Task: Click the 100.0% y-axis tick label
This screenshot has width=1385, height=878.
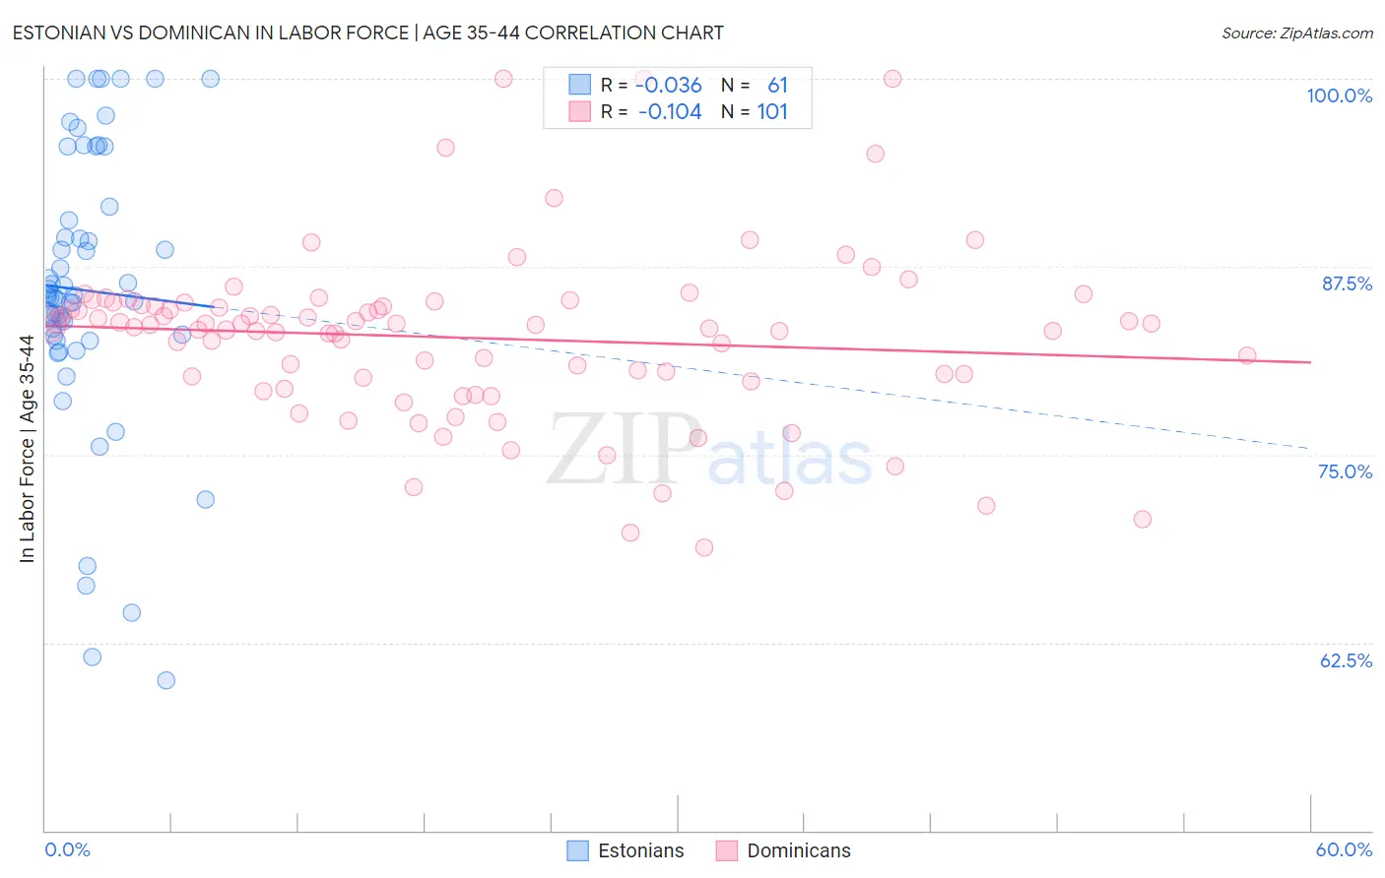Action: click(1339, 95)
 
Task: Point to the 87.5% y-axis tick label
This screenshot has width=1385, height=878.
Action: click(1347, 283)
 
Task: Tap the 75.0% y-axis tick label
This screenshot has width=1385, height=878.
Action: click(1345, 471)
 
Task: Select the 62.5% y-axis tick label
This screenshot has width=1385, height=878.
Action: click(1346, 660)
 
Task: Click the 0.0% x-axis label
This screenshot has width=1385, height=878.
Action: click(67, 849)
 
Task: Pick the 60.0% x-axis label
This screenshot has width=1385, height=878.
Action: click(1344, 849)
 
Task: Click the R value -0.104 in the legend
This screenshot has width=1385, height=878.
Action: click(670, 112)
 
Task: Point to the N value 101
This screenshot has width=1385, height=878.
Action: click(772, 112)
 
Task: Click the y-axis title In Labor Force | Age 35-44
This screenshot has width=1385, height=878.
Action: click(27, 449)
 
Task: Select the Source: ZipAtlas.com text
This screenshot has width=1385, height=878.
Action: click(1296, 33)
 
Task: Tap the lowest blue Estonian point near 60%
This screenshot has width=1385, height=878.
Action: click(166, 680)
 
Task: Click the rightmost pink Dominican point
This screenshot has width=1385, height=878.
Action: click(1247, 355)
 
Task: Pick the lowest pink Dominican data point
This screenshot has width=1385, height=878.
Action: click(704, 547)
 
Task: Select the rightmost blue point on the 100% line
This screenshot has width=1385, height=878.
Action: click(210, 79)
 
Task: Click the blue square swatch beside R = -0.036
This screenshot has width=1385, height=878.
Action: click(579, 86)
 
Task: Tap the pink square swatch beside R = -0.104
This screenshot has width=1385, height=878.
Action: click(579, 112)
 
